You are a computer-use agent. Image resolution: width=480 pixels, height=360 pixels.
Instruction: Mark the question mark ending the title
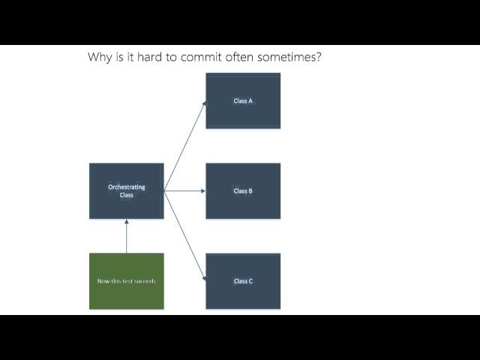coord(319,57)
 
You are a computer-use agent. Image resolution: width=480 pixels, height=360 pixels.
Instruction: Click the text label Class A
coord(243,100)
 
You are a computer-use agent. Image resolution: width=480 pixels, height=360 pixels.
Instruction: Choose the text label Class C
coord(243,281)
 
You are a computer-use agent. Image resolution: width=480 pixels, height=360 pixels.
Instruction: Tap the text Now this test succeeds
coord(126,281)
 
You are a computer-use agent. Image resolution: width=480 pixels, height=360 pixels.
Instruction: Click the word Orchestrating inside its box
coord(126,187)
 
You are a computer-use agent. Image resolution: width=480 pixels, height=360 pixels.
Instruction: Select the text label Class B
coord(243,190)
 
